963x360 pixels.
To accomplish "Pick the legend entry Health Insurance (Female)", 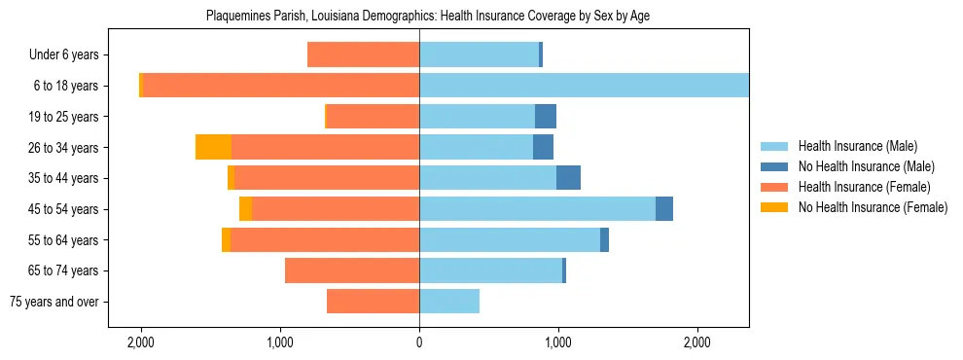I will coord(864,187).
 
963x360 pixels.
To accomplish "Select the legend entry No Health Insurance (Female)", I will coord(872,207).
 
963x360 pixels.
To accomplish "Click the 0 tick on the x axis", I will coord(419,342).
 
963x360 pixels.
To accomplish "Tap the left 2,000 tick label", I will coord(141,342).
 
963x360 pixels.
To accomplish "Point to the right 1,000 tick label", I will coord(558,342).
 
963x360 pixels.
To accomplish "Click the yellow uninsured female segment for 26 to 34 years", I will coord(213,147).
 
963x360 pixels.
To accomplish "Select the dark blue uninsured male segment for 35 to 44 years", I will coord(568,178).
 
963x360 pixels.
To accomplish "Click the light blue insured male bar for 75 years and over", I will coord(449,302).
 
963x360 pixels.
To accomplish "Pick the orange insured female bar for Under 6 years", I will coord(363,55).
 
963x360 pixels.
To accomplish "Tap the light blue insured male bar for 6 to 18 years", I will coord(584,86).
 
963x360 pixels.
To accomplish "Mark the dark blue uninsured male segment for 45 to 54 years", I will coord(664,209).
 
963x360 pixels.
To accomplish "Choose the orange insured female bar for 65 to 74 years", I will coord(352,270).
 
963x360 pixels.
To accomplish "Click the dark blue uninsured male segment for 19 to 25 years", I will coord(546,117).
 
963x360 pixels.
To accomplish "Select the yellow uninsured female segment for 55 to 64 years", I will coord(226,240).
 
